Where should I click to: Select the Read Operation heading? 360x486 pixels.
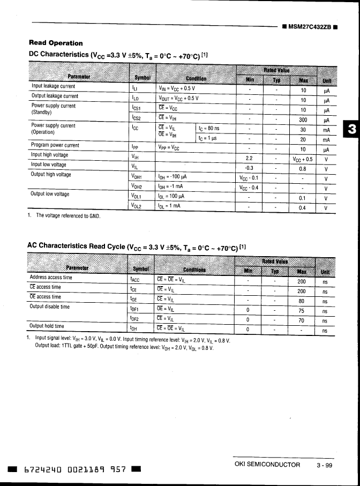(56, 43)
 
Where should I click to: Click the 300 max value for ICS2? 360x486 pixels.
(303, 120)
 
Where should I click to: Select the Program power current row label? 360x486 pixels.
(55, 145)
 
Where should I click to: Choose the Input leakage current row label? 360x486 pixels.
(53, 86)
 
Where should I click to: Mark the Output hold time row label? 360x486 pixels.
(47, 326)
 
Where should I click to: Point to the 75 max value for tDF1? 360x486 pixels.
(302, 311)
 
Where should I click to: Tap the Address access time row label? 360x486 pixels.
(51, 278)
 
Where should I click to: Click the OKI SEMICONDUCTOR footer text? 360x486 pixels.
(268, 465)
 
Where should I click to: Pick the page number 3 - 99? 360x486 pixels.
(325, 466)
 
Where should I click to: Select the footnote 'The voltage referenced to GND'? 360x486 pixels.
(68, 215)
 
